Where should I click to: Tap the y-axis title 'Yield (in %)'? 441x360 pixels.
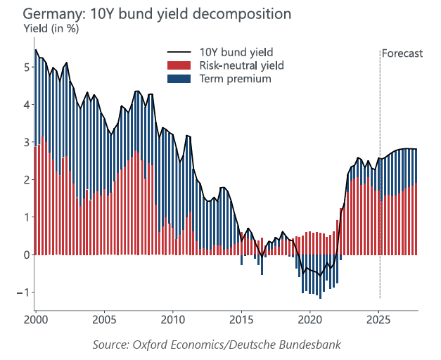[x=52, y=29]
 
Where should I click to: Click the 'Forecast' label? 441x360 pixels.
[x=402, y=53]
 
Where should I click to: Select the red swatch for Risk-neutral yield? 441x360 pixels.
[x=179, y=65]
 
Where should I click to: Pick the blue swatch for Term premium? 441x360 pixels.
[x=179, y=79]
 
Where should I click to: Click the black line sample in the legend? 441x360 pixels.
[x=179, y=52]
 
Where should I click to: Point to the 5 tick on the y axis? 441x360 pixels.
[x=27, y=67]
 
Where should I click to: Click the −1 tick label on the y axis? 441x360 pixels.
[x=24, y=292]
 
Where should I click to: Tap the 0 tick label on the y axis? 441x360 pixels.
[x=27, y=255]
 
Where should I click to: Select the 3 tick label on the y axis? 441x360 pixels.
[x=27, y=143]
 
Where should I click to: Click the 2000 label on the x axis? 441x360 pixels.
[x=36, y=321]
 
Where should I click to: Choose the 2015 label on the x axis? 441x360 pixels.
[x=241, y=321]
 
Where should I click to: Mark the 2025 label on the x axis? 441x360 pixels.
[x=378, y=321]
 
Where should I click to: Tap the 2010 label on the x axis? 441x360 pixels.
[x=173, y=321]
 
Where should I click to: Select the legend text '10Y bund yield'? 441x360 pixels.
[x=236, y=52]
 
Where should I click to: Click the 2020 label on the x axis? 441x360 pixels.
[x=310, y=321]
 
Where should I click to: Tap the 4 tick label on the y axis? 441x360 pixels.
[x=27, y=105]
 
